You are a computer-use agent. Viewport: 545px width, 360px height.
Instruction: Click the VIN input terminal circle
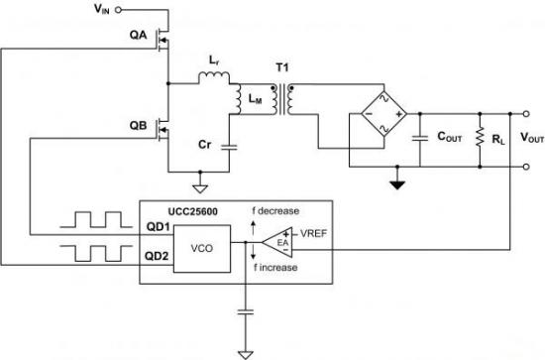click(118, 10)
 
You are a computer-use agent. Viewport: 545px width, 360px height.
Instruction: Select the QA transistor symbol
click(163, 40)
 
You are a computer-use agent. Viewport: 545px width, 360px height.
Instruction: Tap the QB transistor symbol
click(163, 129)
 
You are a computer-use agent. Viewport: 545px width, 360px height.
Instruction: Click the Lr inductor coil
click(214, 77)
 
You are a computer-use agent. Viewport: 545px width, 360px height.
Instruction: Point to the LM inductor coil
click(238, 99)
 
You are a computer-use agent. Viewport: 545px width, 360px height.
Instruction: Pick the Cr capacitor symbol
click(230, 147)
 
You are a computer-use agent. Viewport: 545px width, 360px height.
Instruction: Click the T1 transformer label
click(282, 67)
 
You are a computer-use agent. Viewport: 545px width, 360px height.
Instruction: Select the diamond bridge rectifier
click(384, 114)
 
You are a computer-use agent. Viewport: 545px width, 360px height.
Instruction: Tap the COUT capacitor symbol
click(420, 138)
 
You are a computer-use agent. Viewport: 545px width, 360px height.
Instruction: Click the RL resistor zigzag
click(480, 137)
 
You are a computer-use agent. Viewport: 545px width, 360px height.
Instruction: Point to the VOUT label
click(532, 138)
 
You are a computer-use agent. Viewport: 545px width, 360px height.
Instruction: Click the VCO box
click(202, 249)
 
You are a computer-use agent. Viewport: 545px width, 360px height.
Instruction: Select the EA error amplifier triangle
click(277, 242)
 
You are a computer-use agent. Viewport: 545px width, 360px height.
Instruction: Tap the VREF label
click(313, 234)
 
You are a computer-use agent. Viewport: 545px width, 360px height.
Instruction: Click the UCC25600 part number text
click(193, 211)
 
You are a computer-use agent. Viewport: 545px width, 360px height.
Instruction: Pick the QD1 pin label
click(158, 227)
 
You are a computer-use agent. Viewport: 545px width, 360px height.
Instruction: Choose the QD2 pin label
click(157, 256)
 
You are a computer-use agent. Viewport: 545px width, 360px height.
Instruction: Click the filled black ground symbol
click(397, 184)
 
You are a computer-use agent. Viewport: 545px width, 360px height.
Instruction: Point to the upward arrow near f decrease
click(253, 228)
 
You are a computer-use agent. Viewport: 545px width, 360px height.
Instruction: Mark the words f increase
click(275, 268)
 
